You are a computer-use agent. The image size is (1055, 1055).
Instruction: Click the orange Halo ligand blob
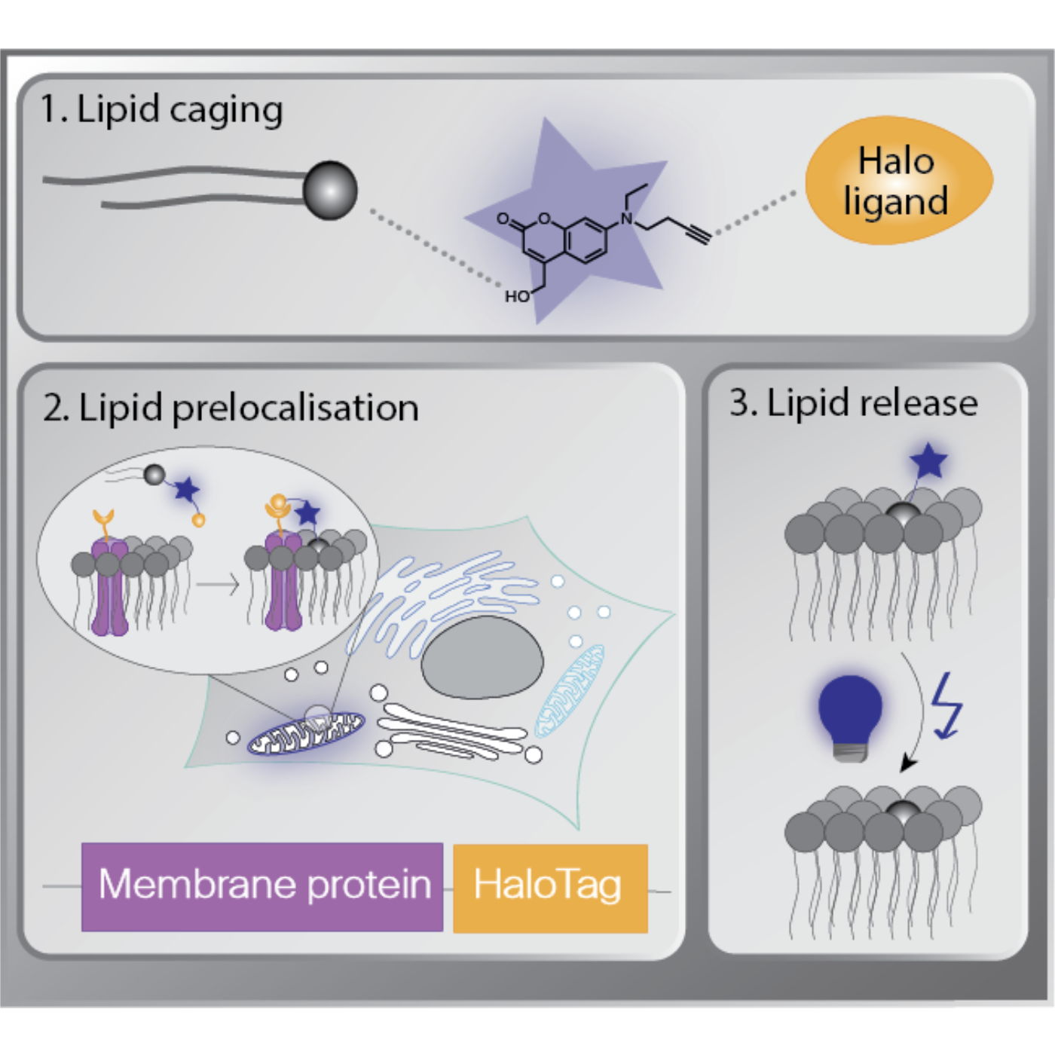898,181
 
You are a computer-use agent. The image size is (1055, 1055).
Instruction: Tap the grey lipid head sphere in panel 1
329,190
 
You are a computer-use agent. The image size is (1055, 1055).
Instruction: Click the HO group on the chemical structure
517,297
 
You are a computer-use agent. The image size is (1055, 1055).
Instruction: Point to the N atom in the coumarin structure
626,219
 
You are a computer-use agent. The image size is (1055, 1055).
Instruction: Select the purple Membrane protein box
262,886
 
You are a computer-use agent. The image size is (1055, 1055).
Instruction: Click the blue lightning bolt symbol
946,705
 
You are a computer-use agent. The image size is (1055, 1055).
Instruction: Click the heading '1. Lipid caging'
161,110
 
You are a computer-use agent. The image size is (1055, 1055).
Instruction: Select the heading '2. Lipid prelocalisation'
231,408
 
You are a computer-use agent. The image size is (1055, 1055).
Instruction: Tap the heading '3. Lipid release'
853,403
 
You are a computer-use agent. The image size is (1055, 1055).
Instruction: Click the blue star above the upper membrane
928,460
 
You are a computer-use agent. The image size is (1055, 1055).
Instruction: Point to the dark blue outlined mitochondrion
306,732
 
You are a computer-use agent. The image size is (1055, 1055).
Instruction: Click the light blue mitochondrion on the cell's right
570,690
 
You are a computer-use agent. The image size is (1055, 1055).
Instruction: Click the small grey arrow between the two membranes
218,584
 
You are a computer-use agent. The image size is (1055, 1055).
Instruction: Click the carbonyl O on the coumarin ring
503,219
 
